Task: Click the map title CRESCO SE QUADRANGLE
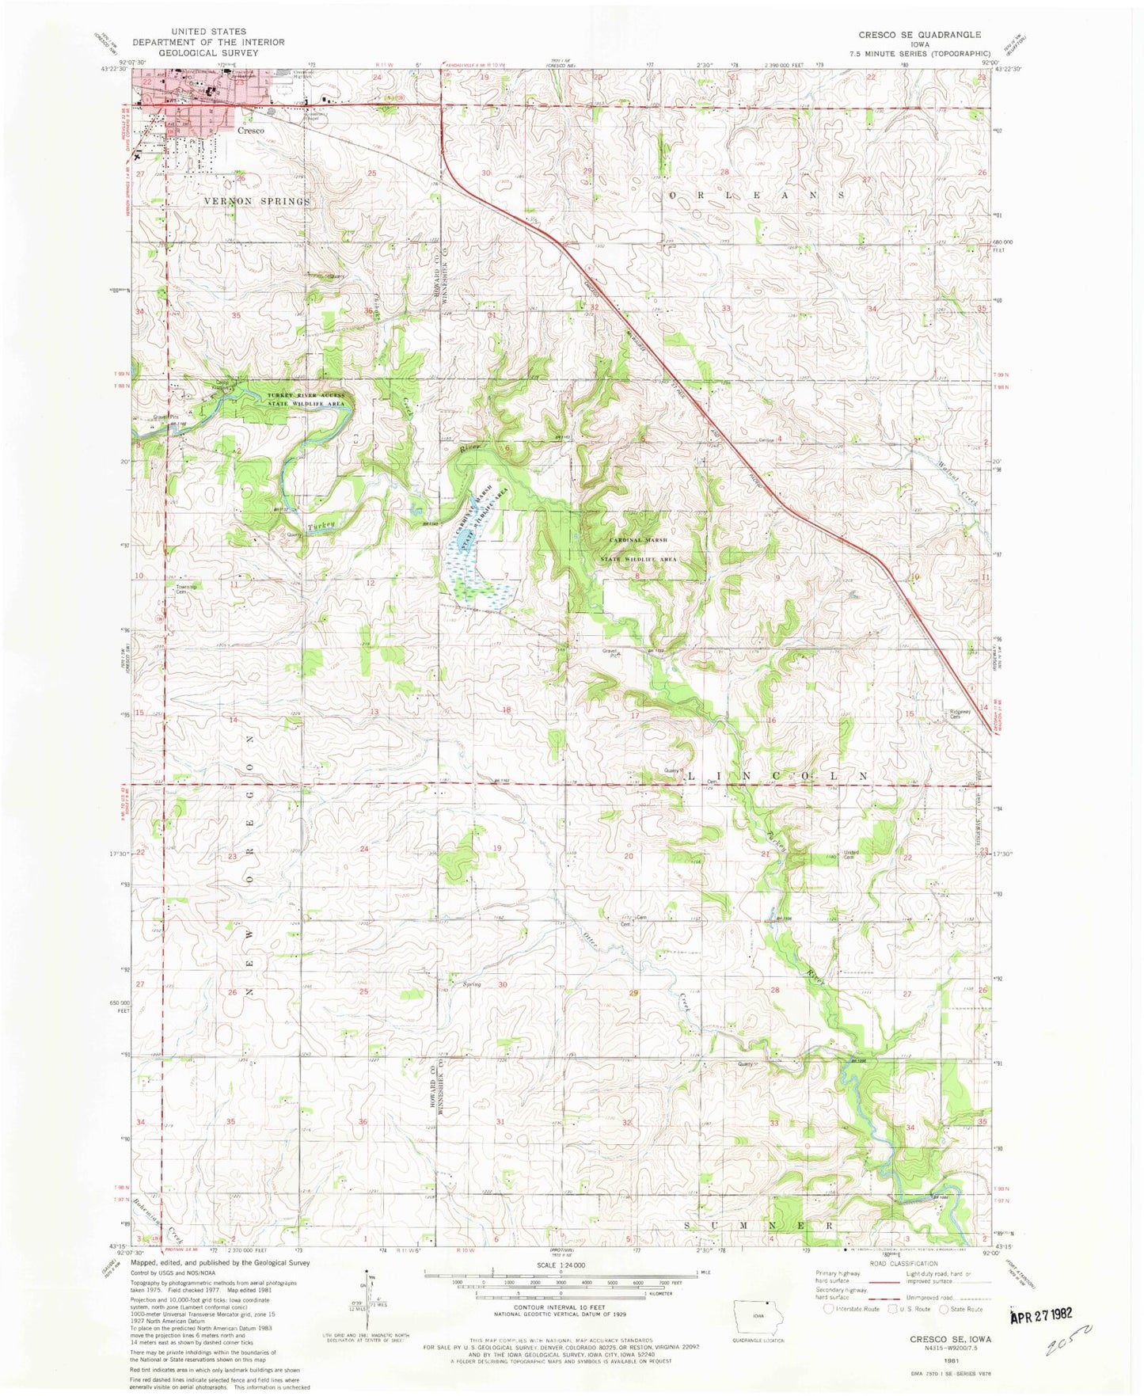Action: click(919, 35)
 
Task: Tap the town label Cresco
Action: click(250, 130)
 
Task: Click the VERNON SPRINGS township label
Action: click(257, 201)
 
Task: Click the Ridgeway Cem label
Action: click(960, 713)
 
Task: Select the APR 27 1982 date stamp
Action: click(1042, 1314)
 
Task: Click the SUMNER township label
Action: click(758, 1225)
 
